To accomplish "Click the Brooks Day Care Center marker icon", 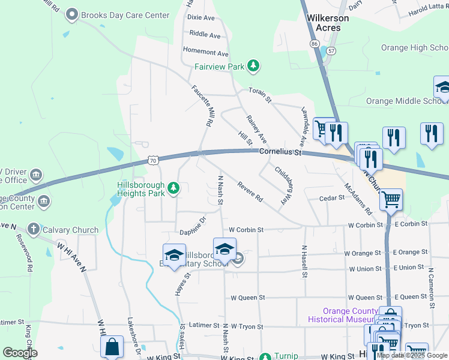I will pos(73,14).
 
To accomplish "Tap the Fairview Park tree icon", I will pos(253,66).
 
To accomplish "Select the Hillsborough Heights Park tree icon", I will pos(174,189).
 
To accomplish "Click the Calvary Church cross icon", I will pos(34,230).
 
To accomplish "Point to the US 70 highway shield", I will pos(154,160).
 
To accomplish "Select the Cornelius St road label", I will pos(280,152).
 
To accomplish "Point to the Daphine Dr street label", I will pos(193,226).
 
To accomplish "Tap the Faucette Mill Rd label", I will pos(202,104).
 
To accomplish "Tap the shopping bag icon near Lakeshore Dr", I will pos(112,346).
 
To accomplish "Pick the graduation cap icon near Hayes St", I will pos(174,255).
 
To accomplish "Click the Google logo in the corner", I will pos(19,353).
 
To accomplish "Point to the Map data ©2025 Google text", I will pos(411,355).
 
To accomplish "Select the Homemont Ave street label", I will pos(206,53).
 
